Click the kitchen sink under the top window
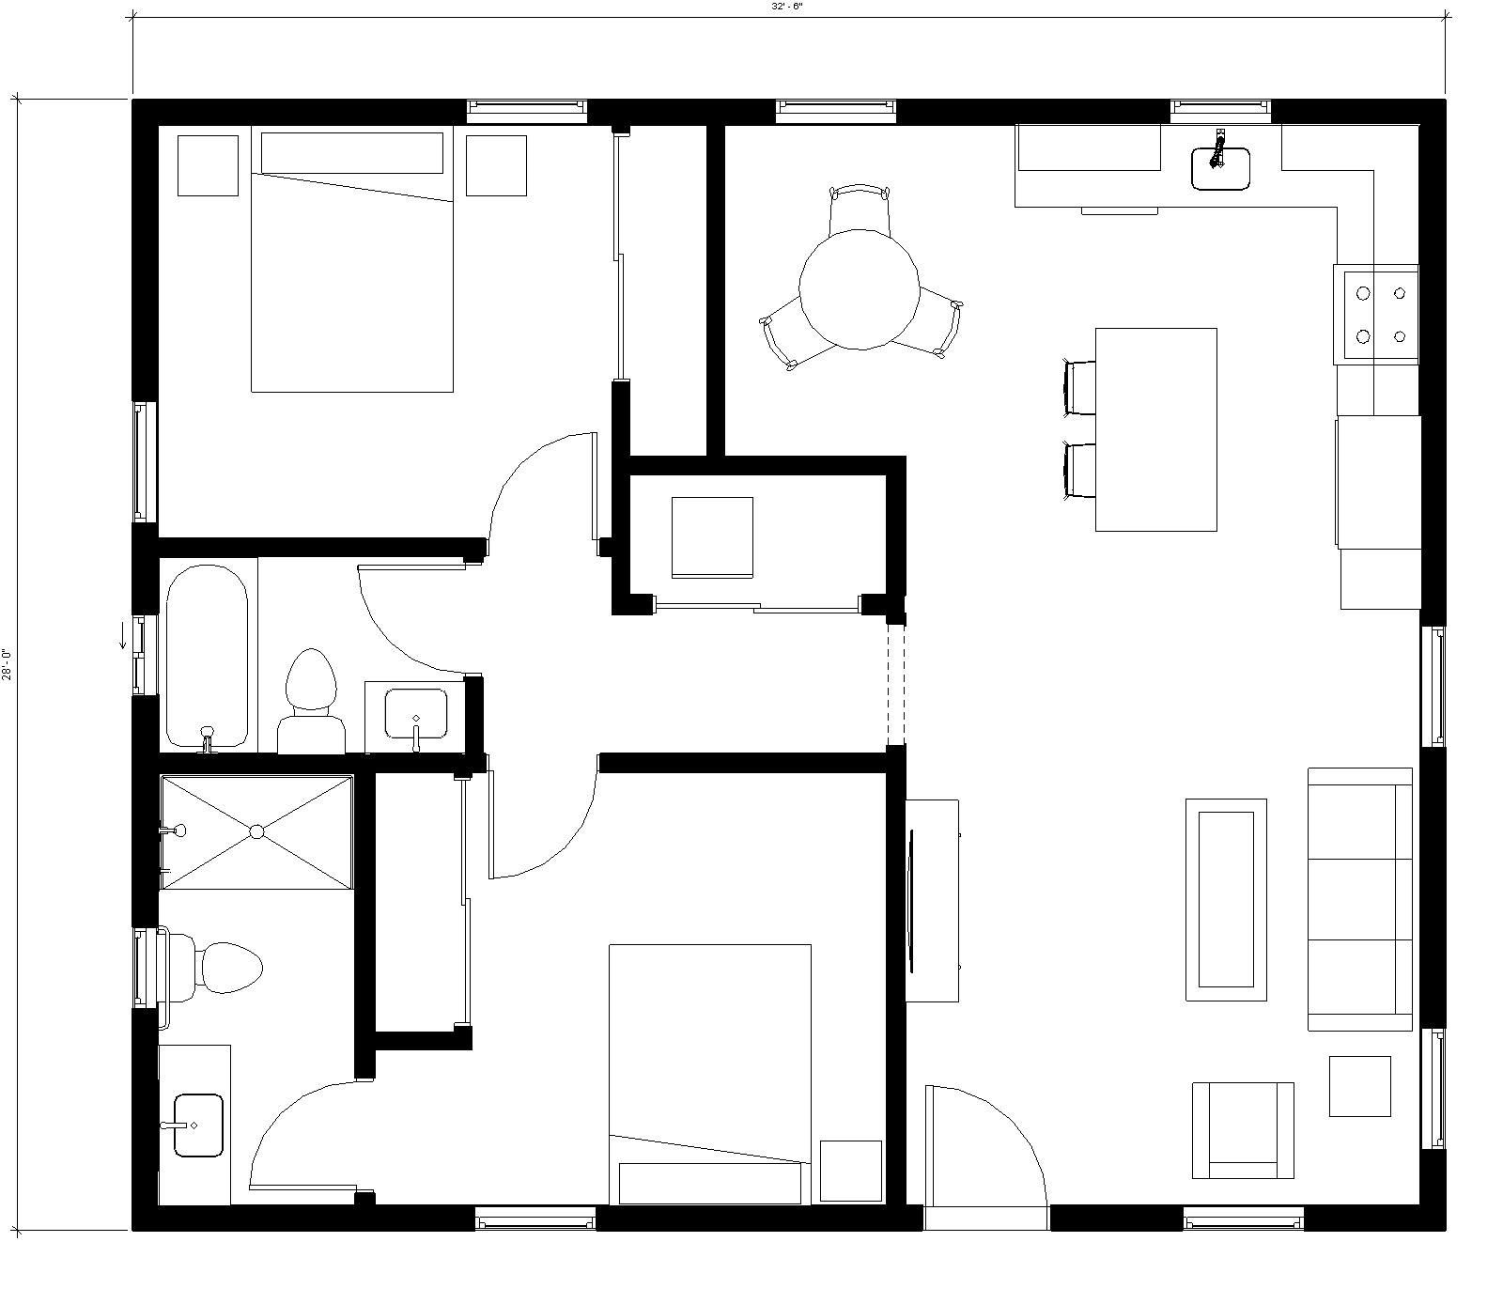(1220, 168)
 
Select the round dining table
(859, 289)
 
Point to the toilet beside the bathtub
(311, 701)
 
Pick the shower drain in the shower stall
(256, 831)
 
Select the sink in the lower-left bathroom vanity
(198, 1125)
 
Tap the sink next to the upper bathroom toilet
(416, 714)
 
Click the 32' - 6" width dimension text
(787, 6)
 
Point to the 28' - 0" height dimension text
(7, 664)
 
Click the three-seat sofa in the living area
(1360, 899)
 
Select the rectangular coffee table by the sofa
(1226, 900)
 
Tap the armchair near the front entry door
(1243, 1130)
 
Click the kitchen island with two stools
(1156, 429)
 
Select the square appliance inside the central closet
(712, 537)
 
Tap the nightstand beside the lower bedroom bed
(851, 1171)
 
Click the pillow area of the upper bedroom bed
(351, 153)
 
